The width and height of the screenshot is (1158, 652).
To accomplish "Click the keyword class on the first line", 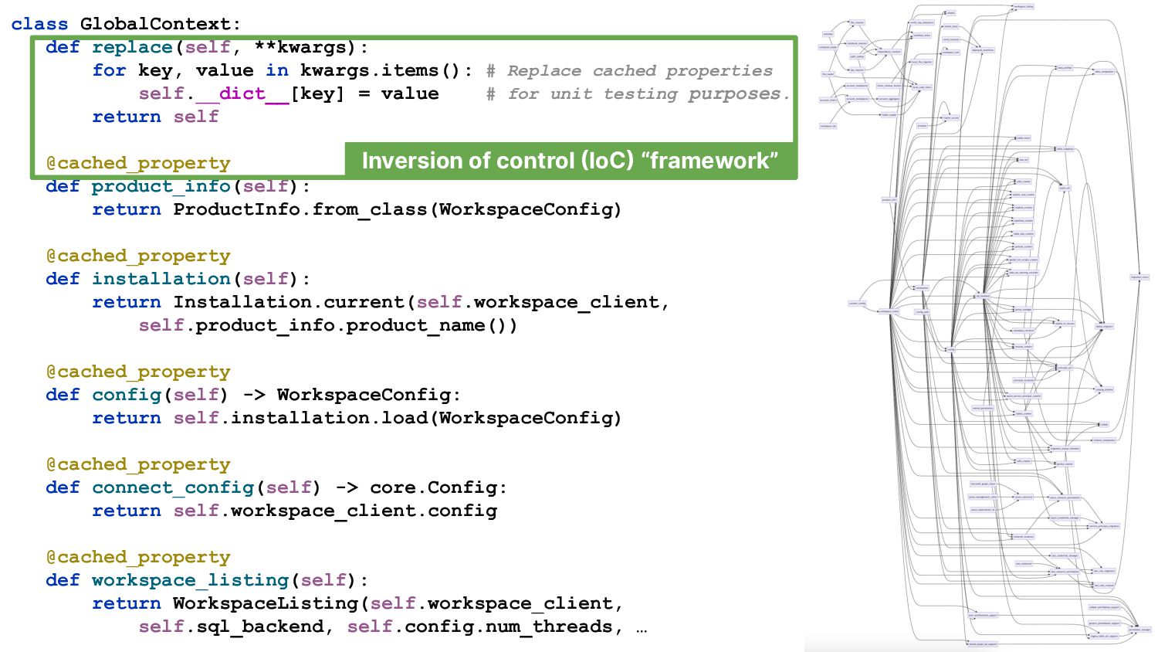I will point(39,24).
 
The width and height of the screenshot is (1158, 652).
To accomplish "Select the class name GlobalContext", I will point(154,24).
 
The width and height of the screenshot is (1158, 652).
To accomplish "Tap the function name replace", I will point(132,47).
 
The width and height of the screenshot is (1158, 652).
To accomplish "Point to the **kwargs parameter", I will point(300,47).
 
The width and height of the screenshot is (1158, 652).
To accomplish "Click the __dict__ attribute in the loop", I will point(242,93).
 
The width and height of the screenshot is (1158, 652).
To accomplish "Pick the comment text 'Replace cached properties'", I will point(640,71).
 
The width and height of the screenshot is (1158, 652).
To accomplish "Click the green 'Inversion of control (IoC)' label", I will point(570,161).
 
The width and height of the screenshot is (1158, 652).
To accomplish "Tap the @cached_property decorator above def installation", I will point(138,256).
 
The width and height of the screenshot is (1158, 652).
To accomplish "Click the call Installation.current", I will point(289,302).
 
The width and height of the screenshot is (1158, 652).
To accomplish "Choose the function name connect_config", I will point(173,487).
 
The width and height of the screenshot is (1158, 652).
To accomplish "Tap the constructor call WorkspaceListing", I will point(266,603).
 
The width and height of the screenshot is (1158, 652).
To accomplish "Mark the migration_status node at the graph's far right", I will point(1139,277).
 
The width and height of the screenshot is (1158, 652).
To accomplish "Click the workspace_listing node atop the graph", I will point(1024,7).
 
